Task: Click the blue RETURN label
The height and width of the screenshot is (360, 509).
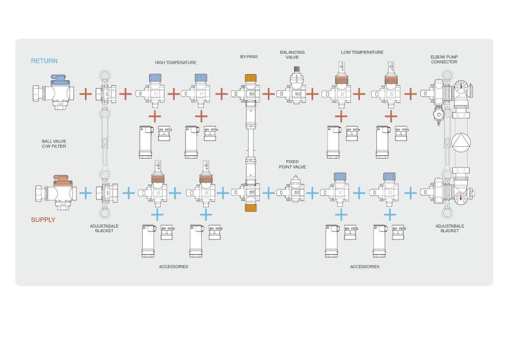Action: [44, 61]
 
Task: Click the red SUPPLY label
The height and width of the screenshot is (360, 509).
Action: [43, 220]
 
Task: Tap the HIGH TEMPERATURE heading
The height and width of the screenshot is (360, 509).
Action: [175, 62]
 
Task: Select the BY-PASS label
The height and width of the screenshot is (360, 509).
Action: [249, 57]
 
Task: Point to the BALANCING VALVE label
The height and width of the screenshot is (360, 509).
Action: [292, 55]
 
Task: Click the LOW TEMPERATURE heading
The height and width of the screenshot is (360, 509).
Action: [362, 52]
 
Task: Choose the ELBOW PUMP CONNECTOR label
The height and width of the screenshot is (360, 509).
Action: [444, 59]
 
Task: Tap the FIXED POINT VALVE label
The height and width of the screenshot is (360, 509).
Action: [292, 164]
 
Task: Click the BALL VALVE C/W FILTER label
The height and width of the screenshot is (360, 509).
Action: [54, 144]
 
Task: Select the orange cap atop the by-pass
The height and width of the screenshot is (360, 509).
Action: [251, 78]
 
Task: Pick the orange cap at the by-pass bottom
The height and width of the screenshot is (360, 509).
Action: [251, 208]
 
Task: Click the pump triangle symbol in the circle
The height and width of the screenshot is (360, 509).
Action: [461, 142]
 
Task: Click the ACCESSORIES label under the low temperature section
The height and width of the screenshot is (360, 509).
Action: [364, 267]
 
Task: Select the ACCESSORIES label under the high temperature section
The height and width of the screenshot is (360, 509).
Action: [173, 267]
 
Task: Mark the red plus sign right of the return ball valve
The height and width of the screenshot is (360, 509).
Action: [85, 94]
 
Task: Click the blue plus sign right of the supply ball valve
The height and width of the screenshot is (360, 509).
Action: [85, 193]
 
